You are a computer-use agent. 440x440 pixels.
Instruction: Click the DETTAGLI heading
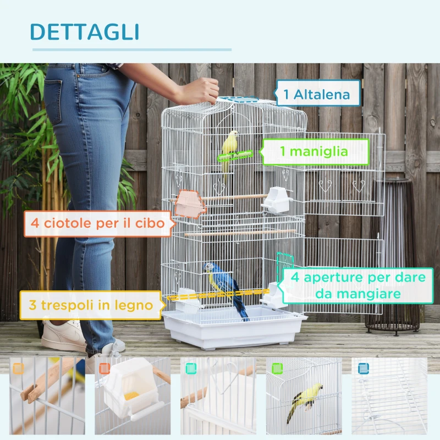tap(84, 32)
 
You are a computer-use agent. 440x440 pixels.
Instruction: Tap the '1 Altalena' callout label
tap(317, 95)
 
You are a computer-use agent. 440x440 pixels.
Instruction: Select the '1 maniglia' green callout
tap(315, 151)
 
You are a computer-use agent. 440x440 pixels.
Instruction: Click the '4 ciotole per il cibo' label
tap(97, 224)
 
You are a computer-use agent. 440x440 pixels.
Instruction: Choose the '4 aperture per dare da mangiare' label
tap(355, 285)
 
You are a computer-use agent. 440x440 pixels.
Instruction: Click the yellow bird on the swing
tap(230, 146)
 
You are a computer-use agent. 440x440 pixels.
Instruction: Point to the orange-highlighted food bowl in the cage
tap(188, 204)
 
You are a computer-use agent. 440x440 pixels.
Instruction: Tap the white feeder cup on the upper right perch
tap(276, 200)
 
